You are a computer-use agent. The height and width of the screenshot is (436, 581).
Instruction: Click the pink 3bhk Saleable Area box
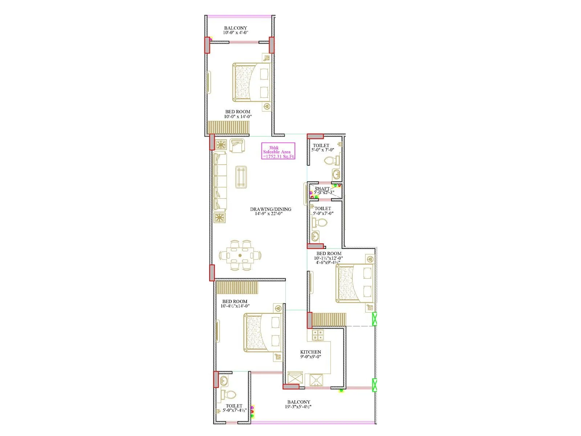pos(278,151)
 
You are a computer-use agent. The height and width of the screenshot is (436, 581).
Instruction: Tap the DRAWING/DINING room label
pos(271,209)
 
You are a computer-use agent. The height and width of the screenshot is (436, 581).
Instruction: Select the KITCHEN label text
pos(310,352)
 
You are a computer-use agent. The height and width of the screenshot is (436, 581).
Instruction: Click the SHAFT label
pos(322,189)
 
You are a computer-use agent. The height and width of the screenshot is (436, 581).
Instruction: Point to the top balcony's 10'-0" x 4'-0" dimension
pos(235,33)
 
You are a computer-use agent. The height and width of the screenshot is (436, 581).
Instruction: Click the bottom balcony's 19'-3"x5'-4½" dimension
pos(298,407)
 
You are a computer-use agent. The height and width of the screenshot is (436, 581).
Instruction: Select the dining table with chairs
pos(240,255)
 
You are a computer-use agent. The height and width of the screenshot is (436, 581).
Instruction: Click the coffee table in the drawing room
pos(241,177)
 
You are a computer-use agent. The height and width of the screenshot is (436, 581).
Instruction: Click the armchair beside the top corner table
pos(237,145)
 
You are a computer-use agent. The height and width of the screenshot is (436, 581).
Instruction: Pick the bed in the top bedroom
pos(252,82)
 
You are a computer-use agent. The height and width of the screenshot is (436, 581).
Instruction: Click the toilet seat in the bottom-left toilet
pos(229,394)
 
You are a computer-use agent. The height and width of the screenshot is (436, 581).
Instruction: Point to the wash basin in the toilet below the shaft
pos(316,236)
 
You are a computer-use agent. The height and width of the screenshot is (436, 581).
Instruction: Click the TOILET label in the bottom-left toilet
pos(234,406)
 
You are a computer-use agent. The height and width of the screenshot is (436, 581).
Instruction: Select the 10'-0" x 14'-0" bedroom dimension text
pos(238,117)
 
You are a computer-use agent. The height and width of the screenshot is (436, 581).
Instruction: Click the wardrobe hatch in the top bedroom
pos(228,128)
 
